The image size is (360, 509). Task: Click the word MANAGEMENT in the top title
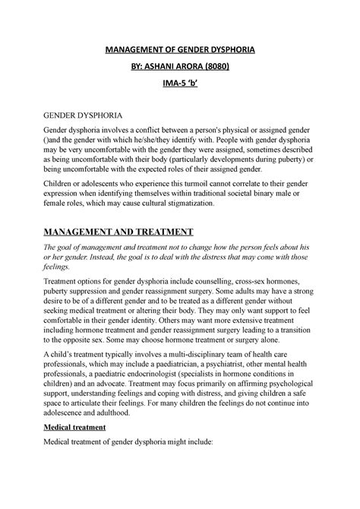[134, 50]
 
